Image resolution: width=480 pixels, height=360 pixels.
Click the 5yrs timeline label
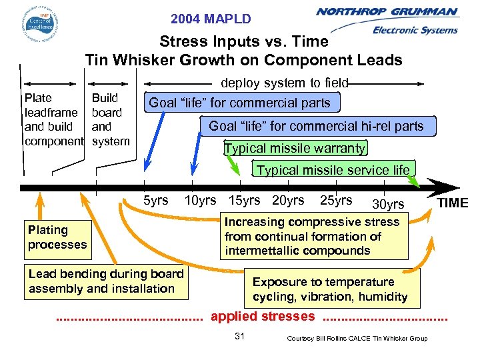pos(156,200)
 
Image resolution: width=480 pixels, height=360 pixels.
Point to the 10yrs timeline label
pos(200,200)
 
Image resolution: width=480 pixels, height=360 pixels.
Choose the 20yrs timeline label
pos(288,200)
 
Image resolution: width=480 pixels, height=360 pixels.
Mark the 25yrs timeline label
pos(336,200)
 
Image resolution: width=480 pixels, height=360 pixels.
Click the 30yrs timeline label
pos(388,204)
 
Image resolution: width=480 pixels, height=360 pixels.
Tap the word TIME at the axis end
pos(452,203)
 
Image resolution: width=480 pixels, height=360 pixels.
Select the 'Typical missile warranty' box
pos(295,148)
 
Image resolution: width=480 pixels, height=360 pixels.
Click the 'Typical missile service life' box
pos(333,170)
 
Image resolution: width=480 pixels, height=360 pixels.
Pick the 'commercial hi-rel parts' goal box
pos(316,126)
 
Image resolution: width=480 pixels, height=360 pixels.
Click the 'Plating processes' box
pos(57,237)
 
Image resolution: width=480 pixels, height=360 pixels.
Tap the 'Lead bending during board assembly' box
pos(106,281)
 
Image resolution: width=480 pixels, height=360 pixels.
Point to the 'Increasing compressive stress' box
pos(313,237)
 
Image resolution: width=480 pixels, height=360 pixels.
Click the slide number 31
pos(240,337)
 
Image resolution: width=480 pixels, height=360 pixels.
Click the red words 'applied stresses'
pos(263,317)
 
